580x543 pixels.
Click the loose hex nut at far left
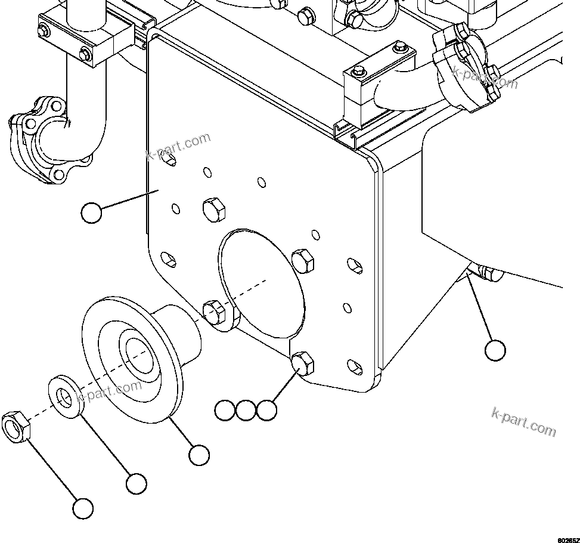[16, 427]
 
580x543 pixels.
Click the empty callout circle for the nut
[83, 508]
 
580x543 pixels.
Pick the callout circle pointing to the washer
[136, 483]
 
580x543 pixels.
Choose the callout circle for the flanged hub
[198, 455]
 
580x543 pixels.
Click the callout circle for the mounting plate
[91, 213]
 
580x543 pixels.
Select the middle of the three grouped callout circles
[246, 410]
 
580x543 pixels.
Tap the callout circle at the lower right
[495, 350]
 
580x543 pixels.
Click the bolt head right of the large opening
[302, 260]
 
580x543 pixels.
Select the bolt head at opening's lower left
[214, 311]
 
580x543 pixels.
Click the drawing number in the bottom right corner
[567, 539]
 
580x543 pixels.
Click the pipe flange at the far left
[42, 137]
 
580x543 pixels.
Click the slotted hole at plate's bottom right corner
[355, 366]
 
